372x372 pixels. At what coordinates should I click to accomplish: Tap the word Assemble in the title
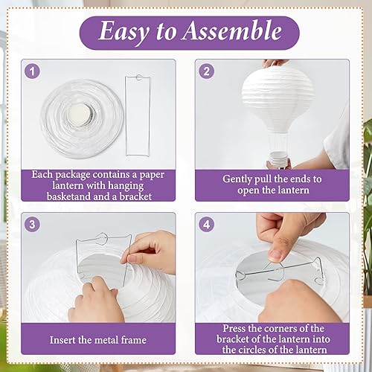(232, 31)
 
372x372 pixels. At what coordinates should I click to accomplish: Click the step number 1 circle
(32, 71)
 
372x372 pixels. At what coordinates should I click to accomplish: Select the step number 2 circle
(206, 71)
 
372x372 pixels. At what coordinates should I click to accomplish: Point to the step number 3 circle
(32, 224)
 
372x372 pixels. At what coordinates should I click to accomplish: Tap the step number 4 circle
(206, 224)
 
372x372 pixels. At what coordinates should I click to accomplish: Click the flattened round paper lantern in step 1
(82, 119)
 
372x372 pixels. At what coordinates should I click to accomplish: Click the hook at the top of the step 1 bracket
(139, 77)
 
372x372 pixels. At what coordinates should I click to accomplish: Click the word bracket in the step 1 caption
(135, 196)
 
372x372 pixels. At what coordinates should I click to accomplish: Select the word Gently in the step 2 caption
(237, 179)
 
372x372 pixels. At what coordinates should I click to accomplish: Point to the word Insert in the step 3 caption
(62, 340)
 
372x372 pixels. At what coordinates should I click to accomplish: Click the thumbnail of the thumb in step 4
(276, 255)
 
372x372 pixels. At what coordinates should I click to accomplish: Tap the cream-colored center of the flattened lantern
(80, 115)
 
